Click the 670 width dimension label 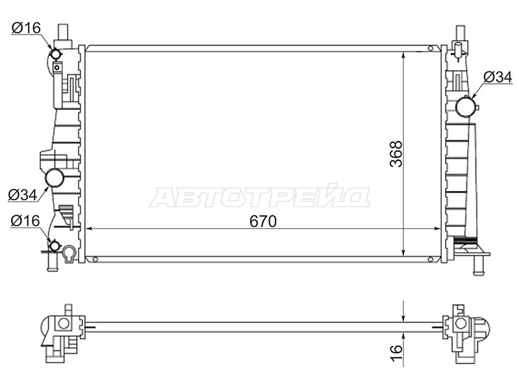point(263,222)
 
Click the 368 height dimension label point(396,153)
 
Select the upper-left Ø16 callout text point(26,28)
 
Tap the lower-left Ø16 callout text point(25,220)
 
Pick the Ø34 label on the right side point(498,77)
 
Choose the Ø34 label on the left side point(23,194)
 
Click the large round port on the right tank point(466,107)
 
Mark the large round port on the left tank point(54,178)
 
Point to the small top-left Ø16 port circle point(55,53)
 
